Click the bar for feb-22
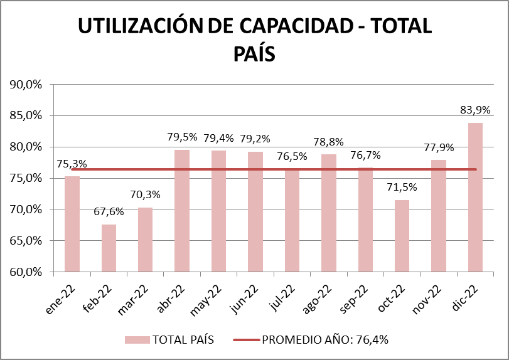(109, 248)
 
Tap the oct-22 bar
(402, 236)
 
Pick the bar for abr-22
(182, 211)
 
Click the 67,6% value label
(109, 211)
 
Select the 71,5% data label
(402, 188)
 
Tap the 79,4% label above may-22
(218, 137)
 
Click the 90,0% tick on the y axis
(26, 84)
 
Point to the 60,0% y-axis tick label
(26, 272)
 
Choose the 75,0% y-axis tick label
(26, 178)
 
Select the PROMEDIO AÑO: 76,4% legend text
(324, 340)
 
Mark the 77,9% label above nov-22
(438, 147)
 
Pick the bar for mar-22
(146, 240)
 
